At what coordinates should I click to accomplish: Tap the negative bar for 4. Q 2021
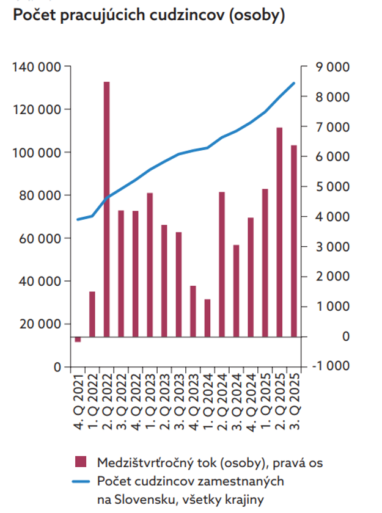(x=78, y=339)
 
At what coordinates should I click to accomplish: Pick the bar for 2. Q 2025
(x=279, y=232)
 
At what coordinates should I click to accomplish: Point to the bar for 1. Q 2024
(x=207, y=318)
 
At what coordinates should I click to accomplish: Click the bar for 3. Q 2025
(x=293, y=241)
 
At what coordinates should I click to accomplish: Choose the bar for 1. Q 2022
(x=92, y=314)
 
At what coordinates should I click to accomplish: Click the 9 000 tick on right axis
(x=328, y=67)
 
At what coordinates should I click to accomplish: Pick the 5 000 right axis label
(x=328, y=186)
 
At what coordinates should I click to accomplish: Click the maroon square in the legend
(x=80, y=462)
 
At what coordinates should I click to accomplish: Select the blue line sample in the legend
(x=80, y=482)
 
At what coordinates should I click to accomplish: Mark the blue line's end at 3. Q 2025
(x=294, y=83)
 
